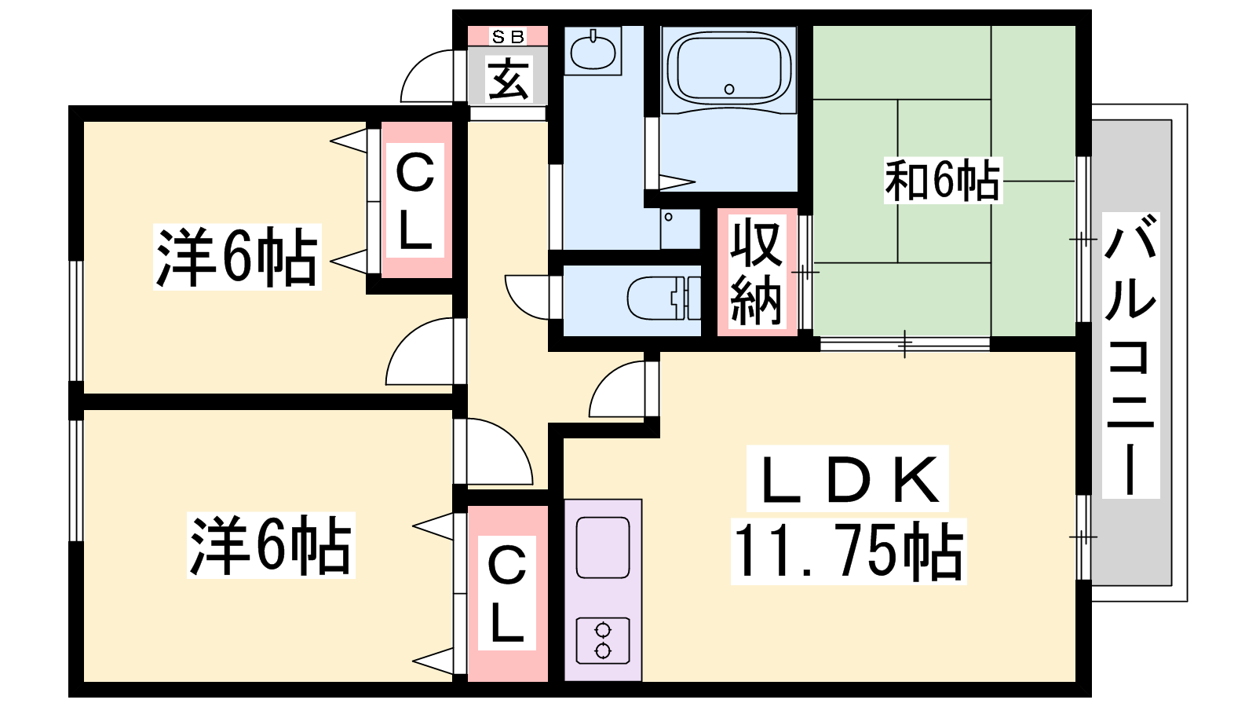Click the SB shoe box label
pyautogui.click(x=508, y=36)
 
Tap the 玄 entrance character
pyautogui.click(x=508, y=79)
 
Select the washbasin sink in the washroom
pyautogui.click(x=593, y=50)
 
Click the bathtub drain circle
pyautogui.click(x=729, y=89)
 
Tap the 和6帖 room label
pyautogui.click(x=943, y=181)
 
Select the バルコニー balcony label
pyautogui.click(x=1130, y=354)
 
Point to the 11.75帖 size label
pyautogui.click(x=849, y=551)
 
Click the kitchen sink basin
pyautogui.click(x=603, y=548)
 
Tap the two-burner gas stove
pyautogui.click(x=603, y=641)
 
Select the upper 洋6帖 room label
pyautogui.click(x=236, y=257)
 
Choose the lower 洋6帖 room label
pyautogui.click(x=271, y=545)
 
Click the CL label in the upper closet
pyautogui.click(x=415, y=200)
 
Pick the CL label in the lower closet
pyautogui.click(x=507, y=593)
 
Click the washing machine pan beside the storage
pyautogui.click(x=680, y=229)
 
